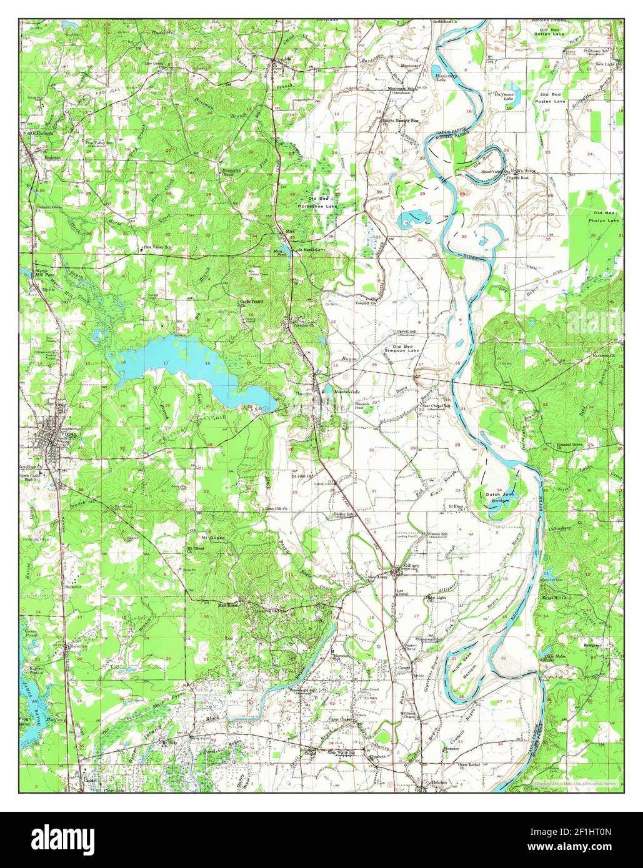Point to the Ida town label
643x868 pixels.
(288, 60)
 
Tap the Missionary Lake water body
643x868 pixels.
(446, 77)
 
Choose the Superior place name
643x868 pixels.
(74, 587)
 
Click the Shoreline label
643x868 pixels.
(79, 645)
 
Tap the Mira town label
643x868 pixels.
(289, 232)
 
